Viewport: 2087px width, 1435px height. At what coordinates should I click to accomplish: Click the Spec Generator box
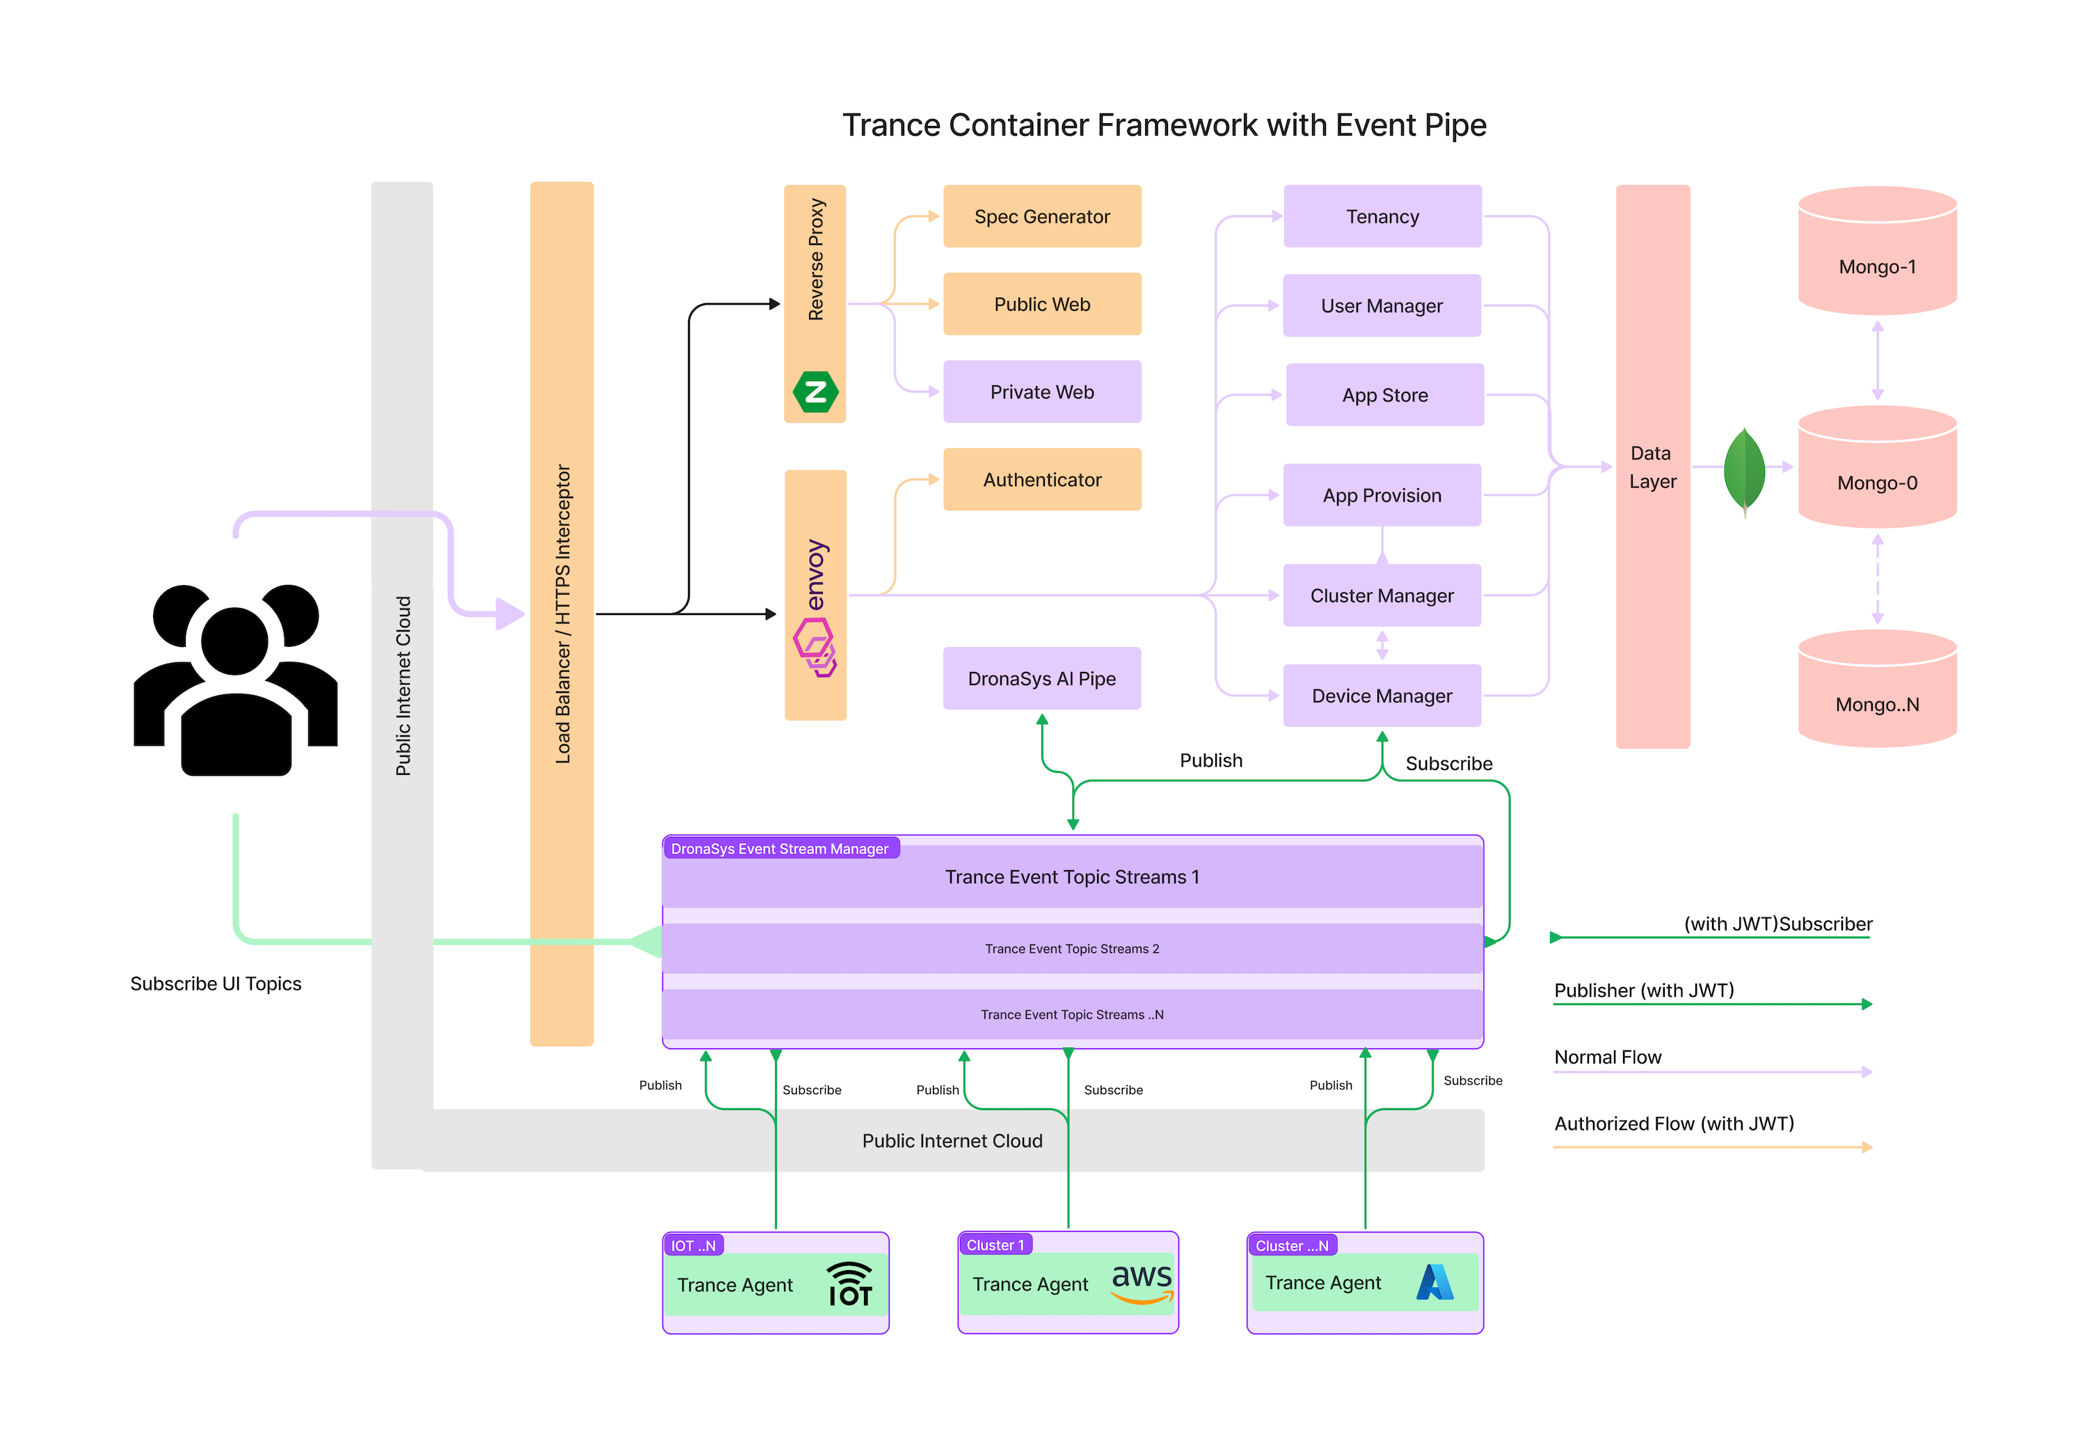(1041, 217)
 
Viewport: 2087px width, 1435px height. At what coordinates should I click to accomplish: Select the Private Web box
(1041, 392)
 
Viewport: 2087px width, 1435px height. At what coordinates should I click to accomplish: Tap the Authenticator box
(1041, 480)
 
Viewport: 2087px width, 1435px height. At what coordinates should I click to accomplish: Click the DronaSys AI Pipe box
(1041, 679)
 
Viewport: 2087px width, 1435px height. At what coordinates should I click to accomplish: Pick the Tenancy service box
(1382, 217)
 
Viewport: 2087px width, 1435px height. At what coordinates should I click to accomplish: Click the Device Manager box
(1382, 696)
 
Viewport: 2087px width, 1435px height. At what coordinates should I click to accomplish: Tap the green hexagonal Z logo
(815, 392)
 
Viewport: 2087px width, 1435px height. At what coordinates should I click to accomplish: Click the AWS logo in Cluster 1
(1142, 1282)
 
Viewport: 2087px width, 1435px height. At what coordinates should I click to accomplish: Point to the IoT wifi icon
(849, 1284)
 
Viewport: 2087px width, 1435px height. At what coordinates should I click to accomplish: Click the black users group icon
(236, 679)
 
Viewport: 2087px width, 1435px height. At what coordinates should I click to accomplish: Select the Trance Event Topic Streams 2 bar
(1072, 949)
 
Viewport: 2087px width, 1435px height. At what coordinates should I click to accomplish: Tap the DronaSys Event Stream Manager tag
(780, 849)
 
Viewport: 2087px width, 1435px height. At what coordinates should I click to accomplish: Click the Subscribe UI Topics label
(216, 984)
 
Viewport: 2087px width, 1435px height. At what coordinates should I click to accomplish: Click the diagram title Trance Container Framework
(1164, 125)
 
